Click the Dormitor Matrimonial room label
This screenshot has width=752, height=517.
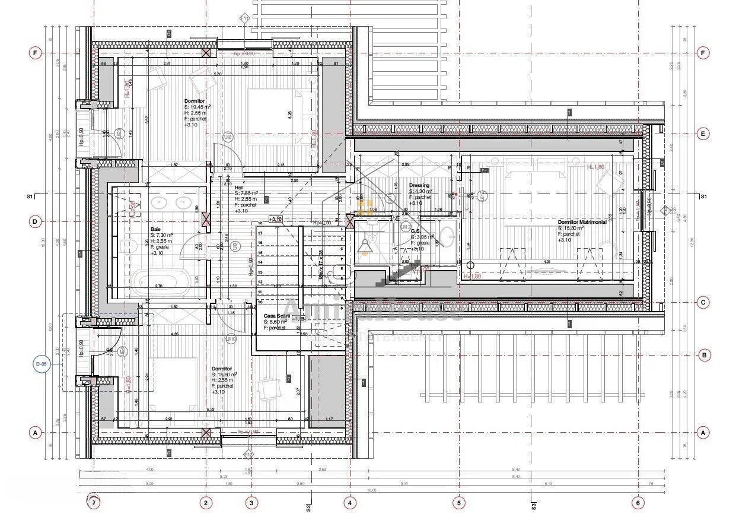582,222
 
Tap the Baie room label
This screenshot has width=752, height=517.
156,229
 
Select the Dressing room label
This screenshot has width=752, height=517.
419,185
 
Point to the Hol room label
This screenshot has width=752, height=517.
239,187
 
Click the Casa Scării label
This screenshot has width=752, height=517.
277,316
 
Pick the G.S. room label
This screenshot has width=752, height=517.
416,231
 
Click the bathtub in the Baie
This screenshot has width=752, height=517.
158,280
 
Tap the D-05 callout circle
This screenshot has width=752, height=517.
42,364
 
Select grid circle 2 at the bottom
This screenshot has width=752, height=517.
206,503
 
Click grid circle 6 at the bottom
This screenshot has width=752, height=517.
638,503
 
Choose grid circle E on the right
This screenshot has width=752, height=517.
703,134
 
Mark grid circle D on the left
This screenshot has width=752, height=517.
35,222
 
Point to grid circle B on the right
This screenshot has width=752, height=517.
704,356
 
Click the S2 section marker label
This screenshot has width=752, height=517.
308,508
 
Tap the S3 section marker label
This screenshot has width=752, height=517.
534,506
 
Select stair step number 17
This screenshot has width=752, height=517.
260,233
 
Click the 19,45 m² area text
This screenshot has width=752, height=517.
195,107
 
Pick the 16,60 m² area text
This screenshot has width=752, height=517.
224,375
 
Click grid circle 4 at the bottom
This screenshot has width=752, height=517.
350,503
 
